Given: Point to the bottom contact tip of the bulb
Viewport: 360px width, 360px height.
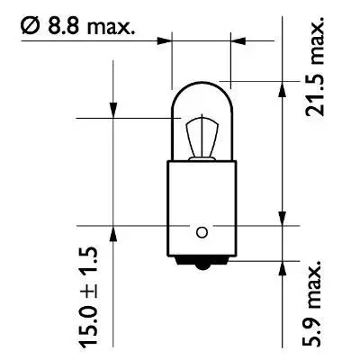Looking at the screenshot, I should [202, 263].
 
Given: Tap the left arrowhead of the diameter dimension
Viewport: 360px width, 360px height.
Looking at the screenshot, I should [166, 40].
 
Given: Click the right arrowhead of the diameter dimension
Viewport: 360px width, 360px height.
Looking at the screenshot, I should [238, 40].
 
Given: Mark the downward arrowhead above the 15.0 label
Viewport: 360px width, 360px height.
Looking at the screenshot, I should [113, 110].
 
